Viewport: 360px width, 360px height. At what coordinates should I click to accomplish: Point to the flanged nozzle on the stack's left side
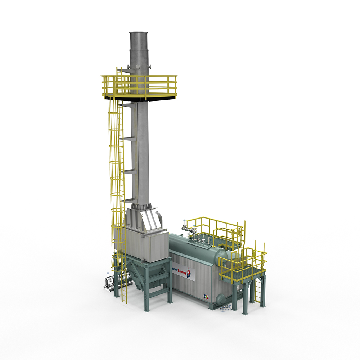point(128,67)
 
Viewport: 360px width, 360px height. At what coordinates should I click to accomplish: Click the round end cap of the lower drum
point(220,298)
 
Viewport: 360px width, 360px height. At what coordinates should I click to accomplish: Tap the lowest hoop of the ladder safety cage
point(118,268)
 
